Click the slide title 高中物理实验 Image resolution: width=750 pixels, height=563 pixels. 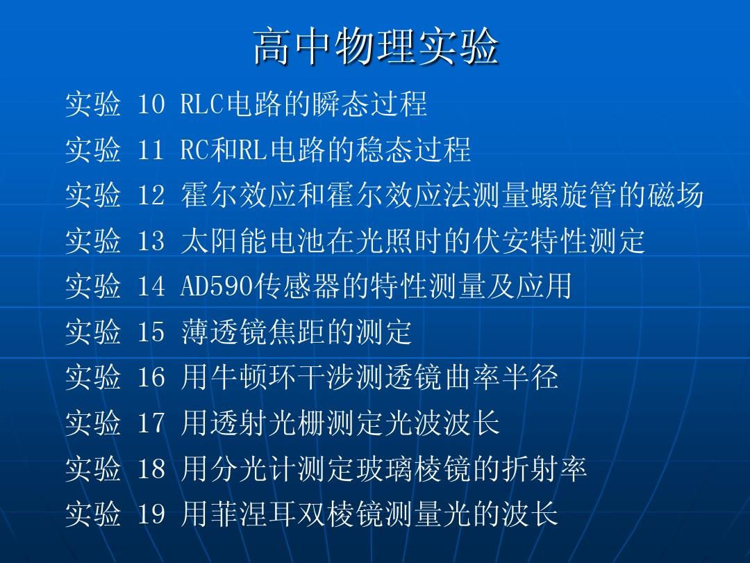376,47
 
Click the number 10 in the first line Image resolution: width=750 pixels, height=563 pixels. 151,104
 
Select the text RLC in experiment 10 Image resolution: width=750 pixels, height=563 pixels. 202,104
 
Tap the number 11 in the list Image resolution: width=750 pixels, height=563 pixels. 151,149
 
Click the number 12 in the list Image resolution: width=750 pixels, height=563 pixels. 151,195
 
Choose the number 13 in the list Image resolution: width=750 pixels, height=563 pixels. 151,240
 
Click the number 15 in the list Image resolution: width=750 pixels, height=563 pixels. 151,332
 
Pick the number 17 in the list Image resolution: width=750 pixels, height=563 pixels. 151,423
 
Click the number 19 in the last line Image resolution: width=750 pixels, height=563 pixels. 151,514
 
